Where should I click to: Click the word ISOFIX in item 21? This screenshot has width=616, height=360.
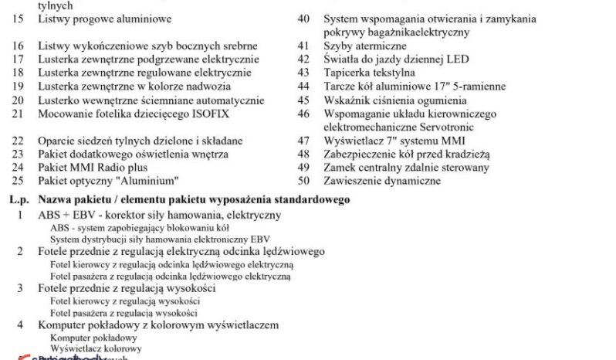[211, 114]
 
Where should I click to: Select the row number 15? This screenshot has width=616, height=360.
[19, 18]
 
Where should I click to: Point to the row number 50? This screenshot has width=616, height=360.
[303, 182]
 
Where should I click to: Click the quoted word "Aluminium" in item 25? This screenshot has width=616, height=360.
[123, 181]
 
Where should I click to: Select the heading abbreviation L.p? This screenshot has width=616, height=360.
[19, 199]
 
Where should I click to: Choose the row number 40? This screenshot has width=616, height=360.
[303, 18]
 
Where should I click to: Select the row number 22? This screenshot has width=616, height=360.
[19, 141]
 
